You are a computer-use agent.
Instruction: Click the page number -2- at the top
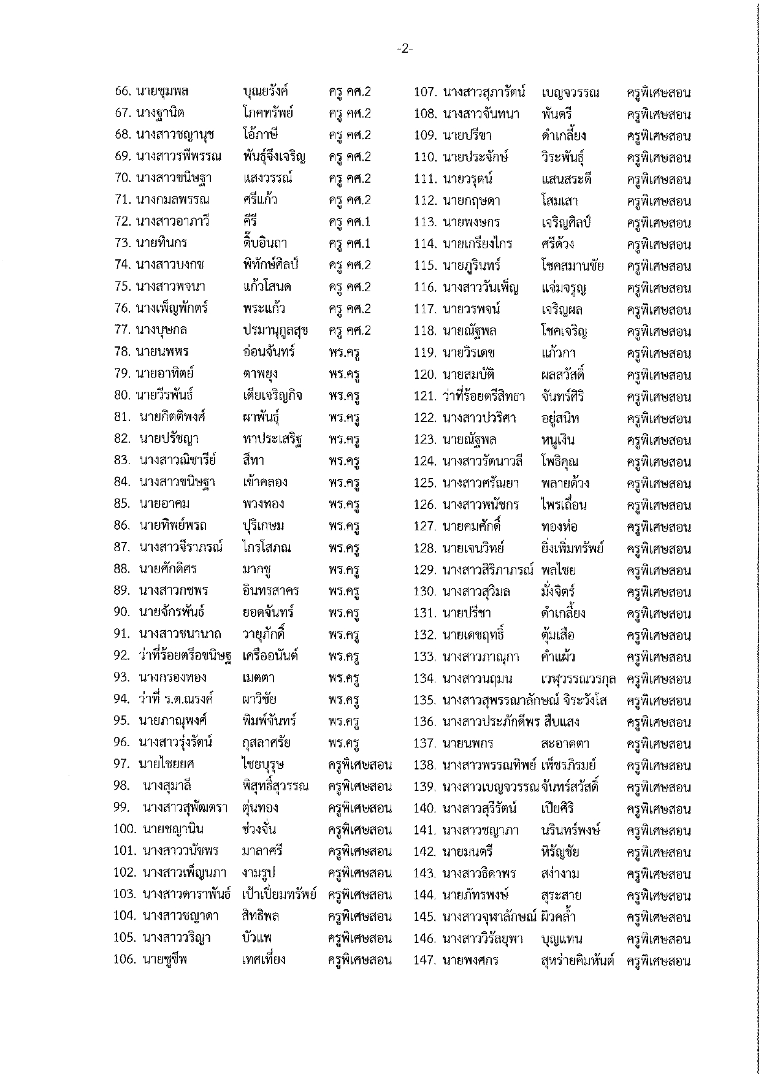click(x=405, y=48)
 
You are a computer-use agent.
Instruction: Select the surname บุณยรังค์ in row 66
click(x=265, y=91)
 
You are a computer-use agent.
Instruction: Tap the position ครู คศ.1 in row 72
click(x=350, y=222)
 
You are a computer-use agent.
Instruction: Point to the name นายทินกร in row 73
click(x=161, y=243)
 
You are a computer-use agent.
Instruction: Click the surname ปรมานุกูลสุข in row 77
click(x=275, y=330)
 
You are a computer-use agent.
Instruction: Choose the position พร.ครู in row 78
click(x=343, y=353)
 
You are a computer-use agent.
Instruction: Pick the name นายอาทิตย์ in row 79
click(x=165, y=373)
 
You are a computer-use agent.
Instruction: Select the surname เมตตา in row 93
click(x=258, y=677)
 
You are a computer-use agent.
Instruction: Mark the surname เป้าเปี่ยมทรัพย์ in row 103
click(x=279, y=894)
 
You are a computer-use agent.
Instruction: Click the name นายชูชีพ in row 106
click(x=164, y=960)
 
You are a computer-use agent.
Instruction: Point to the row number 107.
click(x=425, y=92)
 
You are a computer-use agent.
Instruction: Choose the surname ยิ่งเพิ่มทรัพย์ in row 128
click(x=572, y=548)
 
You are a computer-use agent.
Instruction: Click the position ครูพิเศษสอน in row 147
click(x=659, y=961)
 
